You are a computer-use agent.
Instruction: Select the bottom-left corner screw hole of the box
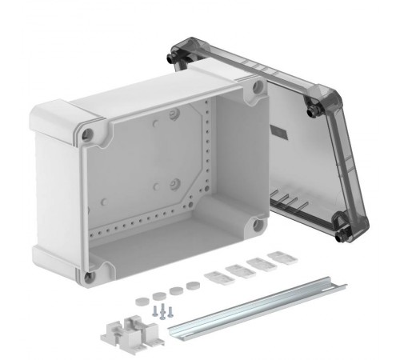89,276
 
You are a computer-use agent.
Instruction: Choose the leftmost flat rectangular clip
214,278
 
